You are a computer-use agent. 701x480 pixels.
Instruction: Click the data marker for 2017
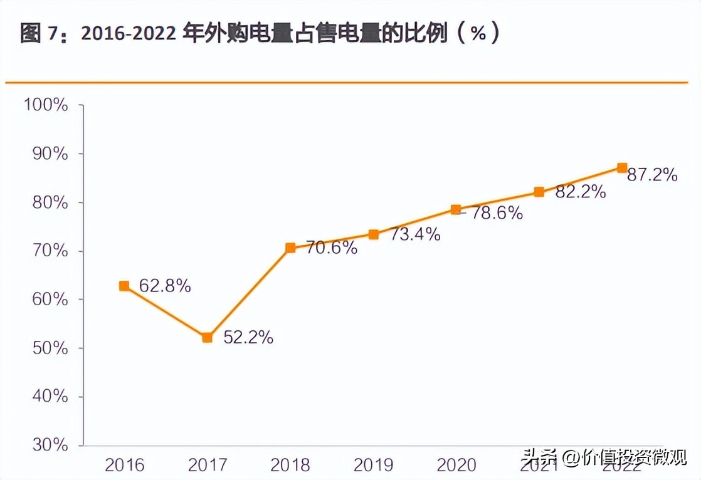pyautogui.click(x=207, y=338)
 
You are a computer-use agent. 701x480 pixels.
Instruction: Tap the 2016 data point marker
pyautogui.click(x=124, y=286)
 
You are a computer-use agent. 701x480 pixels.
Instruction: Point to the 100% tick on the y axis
pyautogui.click(x=45, y=105)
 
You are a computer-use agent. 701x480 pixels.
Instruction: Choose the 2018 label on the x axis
pyautogui.click(x=290, y=465)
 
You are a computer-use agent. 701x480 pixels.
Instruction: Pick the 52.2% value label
pyautogui.click(x=248, y=338)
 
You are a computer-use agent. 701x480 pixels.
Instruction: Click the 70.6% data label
pyautogui.click(x=332, y=248)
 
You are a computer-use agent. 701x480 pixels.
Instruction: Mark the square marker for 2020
pyautogui.click(x=456, y=209)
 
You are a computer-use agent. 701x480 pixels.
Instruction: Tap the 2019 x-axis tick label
pyautogui.click(x=373, y=465)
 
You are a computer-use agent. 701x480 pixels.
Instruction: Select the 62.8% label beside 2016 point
pyautogui.click(x=165, y=286)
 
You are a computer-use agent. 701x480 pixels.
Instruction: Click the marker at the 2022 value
pyautogui.click(x=622, y=167)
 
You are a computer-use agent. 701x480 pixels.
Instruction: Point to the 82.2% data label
pyautogui.click(x=581, y=192)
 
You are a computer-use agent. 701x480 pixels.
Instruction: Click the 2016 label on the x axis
pyautogui.click(x=124, y=465)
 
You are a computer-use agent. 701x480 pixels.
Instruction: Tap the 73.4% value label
pyautogui.click(x=415, y=234)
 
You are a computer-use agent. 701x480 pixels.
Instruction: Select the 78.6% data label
pyautogui.click(x=497, y=213)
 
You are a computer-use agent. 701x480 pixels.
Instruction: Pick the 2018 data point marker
pyautogui.click(x=290, y=248)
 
